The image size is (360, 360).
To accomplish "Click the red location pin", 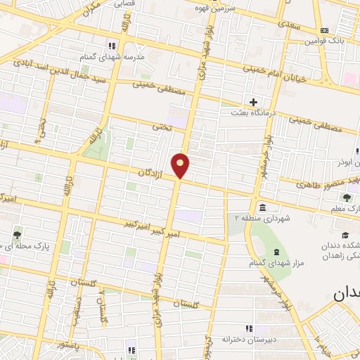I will coord(181,165).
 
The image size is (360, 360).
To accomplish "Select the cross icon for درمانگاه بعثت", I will coord(254,102).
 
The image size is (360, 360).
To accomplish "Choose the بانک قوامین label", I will coord(323,41).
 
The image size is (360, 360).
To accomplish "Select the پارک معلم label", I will coord(345,209).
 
